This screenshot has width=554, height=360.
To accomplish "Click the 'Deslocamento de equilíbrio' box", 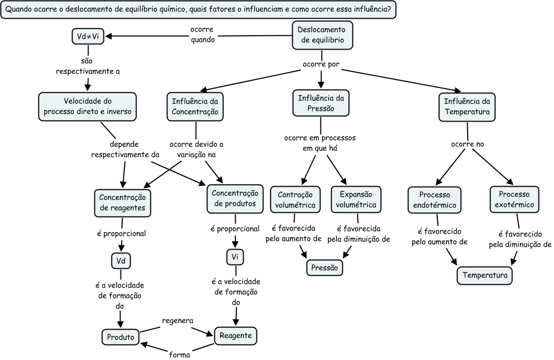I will tap(323, 35).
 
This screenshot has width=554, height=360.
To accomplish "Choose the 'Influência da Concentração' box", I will tap(196, 106).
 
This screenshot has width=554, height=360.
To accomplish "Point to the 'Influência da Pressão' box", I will tap(321, 103).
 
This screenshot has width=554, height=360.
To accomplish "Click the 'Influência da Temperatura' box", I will tap(467, 106).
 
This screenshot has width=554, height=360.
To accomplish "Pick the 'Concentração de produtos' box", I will tap(235, 198).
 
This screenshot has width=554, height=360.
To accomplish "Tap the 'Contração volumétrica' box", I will tap(295, 199).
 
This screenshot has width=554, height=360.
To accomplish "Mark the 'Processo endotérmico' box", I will tap(435, 199).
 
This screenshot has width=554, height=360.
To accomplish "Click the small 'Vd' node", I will tap(121, 261).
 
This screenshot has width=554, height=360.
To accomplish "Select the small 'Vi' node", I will tap(235, 257).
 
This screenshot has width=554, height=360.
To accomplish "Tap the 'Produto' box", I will tap(121, 337).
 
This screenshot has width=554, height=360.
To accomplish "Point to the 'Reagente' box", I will tap(236, 336).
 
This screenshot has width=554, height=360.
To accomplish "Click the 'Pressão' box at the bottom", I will tap(324, 268).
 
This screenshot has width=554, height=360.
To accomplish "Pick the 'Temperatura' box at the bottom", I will tap(485, 275).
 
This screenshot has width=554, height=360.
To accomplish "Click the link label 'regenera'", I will tap(177, 320).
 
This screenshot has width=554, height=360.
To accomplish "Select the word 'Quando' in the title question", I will tap(19, 10).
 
